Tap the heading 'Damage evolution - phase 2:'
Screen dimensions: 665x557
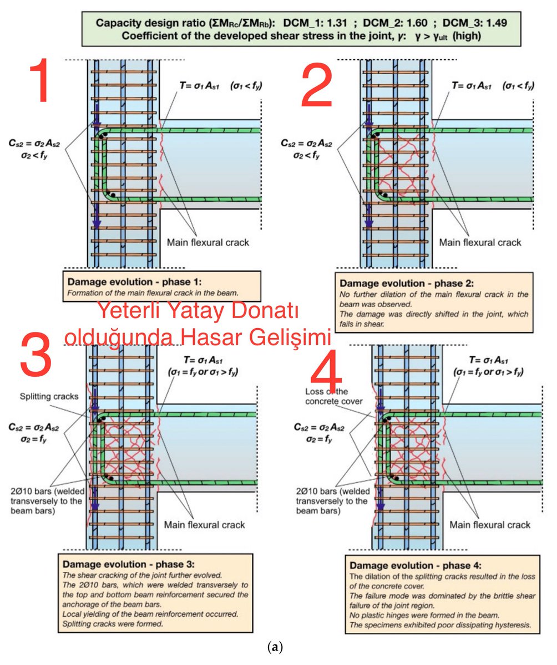click(x=406, y=282)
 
